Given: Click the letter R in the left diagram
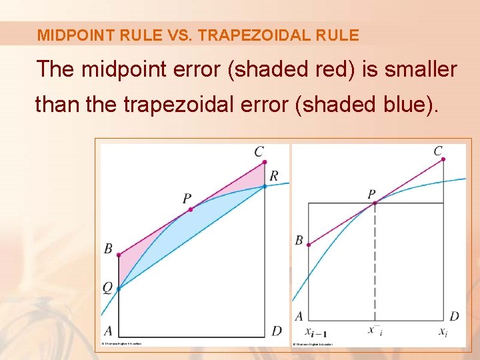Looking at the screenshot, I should click(273, 176).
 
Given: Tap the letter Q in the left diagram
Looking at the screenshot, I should click(107, 288).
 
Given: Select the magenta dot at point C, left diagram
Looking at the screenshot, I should click(265, 162).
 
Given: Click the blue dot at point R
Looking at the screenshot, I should click(265, 186).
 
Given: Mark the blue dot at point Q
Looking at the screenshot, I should click(119, 289).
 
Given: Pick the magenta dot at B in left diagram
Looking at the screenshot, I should click(119, 255).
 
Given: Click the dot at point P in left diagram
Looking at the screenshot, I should click(191, 209).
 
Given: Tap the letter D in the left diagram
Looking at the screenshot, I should click(277, 331).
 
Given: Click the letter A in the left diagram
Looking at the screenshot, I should click(107, 331).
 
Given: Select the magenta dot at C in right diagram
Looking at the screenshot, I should click(443, 159).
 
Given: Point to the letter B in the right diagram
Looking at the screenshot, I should click(299, 241).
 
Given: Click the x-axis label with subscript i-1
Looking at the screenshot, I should click(316, 332).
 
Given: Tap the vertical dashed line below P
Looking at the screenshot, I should click(375, 267).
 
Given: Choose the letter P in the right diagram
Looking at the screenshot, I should click(371, 194).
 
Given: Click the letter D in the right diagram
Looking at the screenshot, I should click(454, 316).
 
